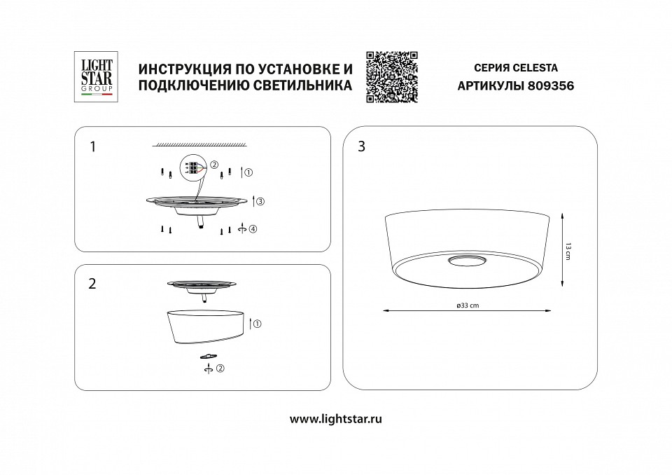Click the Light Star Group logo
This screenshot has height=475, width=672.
(x=94, y=77)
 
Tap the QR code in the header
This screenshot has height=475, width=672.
(x=392, y=77)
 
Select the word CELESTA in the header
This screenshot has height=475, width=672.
(x=535, y=69)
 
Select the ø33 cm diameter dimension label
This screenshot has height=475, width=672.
(x=466, y=305)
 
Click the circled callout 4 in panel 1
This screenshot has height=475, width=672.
(x=252, y=229)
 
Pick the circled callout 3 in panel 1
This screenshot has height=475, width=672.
(x=259, y=202)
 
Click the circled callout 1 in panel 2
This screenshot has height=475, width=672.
(x=257, y=324)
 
